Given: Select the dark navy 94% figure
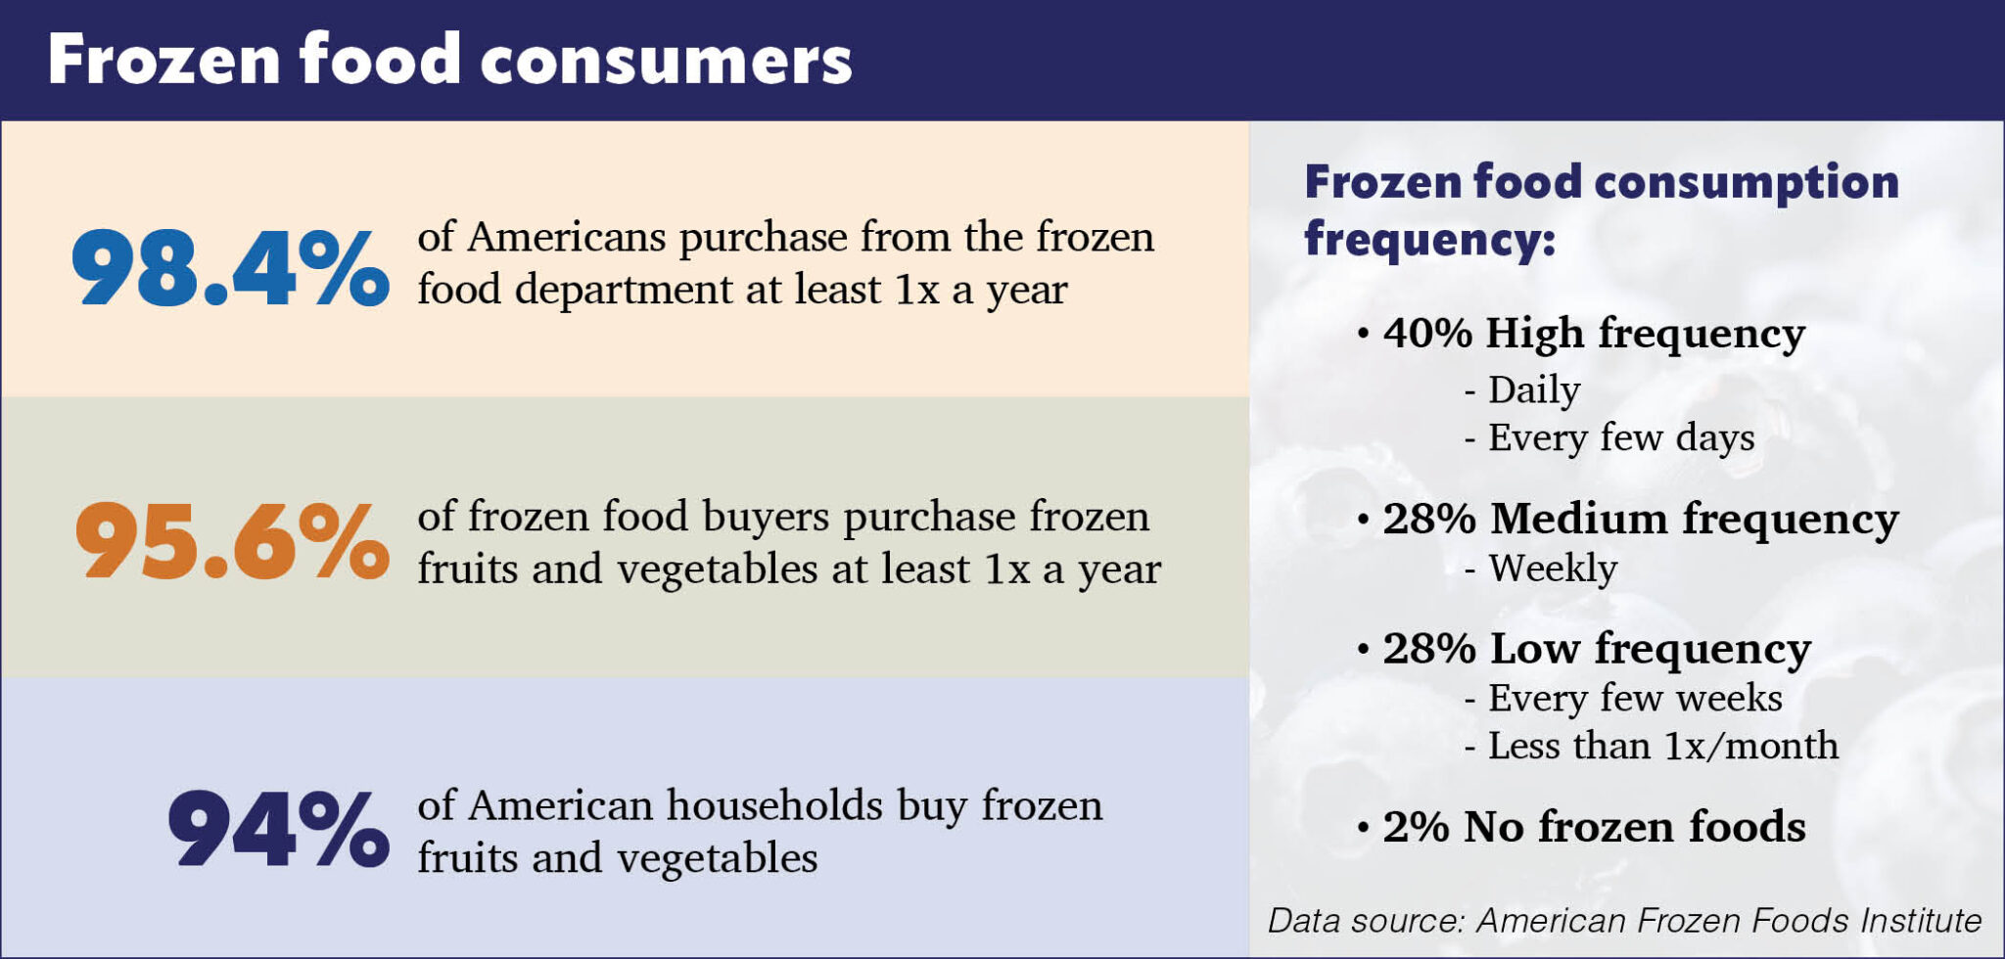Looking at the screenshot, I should point(279,829).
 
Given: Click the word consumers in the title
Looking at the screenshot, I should point(666,61).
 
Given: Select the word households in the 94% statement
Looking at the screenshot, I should point(774,805).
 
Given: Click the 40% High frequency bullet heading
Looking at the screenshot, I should point(1593,334).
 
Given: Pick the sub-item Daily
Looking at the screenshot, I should point(1533,390).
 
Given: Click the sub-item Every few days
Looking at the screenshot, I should point(1620,437).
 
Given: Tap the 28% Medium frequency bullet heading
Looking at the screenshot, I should point(1640,519).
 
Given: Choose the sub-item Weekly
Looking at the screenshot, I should point(1552,569).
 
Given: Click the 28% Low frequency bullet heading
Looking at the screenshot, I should point(1596,649).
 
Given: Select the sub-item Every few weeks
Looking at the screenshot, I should point(1634,699).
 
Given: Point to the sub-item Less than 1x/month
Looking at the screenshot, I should point(1662,747).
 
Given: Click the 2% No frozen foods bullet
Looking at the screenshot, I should point(1593,827).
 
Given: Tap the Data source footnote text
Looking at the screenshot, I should point(1624,921).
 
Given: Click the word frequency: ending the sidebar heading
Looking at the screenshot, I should point(1429,239).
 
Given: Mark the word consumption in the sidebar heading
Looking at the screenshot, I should point(1747,182).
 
